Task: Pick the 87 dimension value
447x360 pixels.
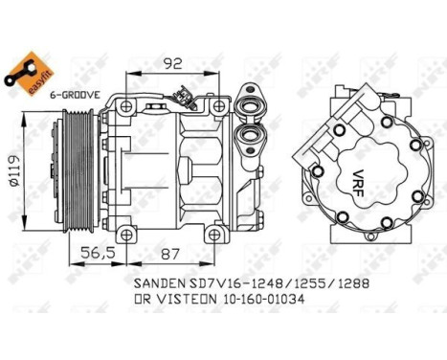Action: [169, 253]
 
